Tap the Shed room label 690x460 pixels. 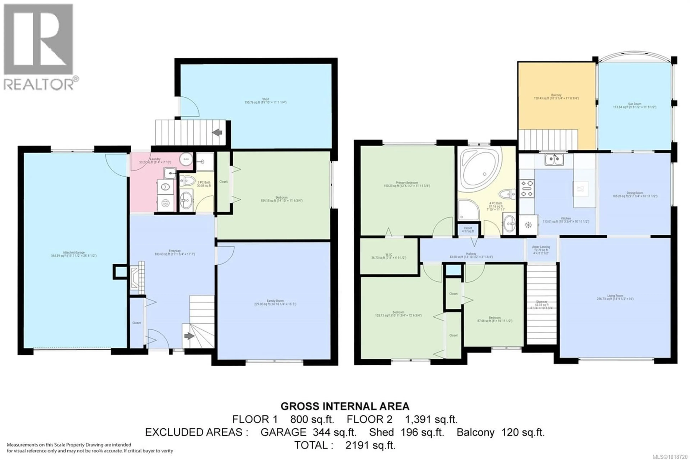pos(265,101)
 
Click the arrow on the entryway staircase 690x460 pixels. pos(189,336)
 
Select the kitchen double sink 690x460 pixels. pos(554,160)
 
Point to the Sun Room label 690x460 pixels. pos(634,106)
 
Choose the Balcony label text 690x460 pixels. pos(556,97)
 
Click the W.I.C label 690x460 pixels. pos(389,256)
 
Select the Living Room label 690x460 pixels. pos(615,297)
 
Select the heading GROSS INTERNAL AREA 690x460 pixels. pos(345,406)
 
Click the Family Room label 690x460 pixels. pos(275,302)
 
